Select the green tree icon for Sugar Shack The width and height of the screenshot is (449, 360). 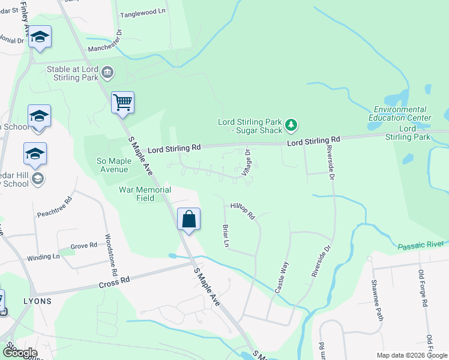[291, 125]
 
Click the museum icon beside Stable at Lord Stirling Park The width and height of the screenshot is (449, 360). [107, 73]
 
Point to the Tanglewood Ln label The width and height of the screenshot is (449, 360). [142, 12]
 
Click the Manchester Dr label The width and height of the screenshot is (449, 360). [104, 41]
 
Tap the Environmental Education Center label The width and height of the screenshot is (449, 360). [400, 113]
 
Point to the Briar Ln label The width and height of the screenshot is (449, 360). [226, 236]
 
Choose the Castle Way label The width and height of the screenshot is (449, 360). [282, 277]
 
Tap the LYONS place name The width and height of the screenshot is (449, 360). [37, 301]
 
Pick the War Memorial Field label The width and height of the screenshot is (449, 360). [145, 194]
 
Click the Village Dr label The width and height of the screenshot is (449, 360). [247, 162]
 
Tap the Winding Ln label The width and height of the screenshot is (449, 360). [43, 257]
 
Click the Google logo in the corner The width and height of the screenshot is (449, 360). [19, 352]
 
